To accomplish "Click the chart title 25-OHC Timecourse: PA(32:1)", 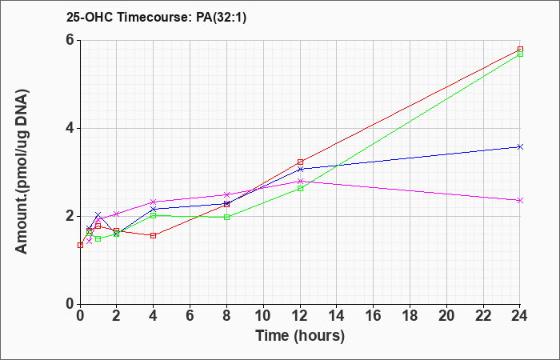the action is point(157,18).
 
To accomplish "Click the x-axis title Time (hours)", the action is point(300,336).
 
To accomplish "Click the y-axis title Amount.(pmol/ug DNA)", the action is point(22,172).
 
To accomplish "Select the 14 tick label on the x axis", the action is point(337,316).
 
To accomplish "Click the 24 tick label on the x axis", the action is point(520,316).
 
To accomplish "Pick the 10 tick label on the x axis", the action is point(263,316).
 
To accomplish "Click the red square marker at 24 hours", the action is point(520,50).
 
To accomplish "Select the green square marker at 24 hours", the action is point(520,54).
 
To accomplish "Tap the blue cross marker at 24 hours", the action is point(520,146).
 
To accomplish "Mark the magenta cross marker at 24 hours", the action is point(520,200).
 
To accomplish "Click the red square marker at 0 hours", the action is point(80,245).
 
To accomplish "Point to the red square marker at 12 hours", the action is point(300,162).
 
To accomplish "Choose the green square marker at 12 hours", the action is point(300,188).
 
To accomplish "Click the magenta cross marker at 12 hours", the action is point(300,181).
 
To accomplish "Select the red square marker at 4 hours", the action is point(154,235).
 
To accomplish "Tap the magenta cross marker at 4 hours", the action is point(154,202).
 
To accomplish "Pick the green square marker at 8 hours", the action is point(226,217).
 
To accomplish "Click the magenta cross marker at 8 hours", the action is point(226,194).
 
